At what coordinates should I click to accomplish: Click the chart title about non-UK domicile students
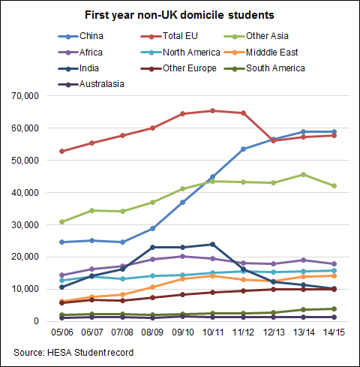point(179,14)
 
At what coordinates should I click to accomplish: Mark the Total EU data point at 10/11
point(212,110)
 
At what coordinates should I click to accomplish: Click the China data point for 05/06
point(62,242)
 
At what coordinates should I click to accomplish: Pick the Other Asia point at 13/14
point(303,174)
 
